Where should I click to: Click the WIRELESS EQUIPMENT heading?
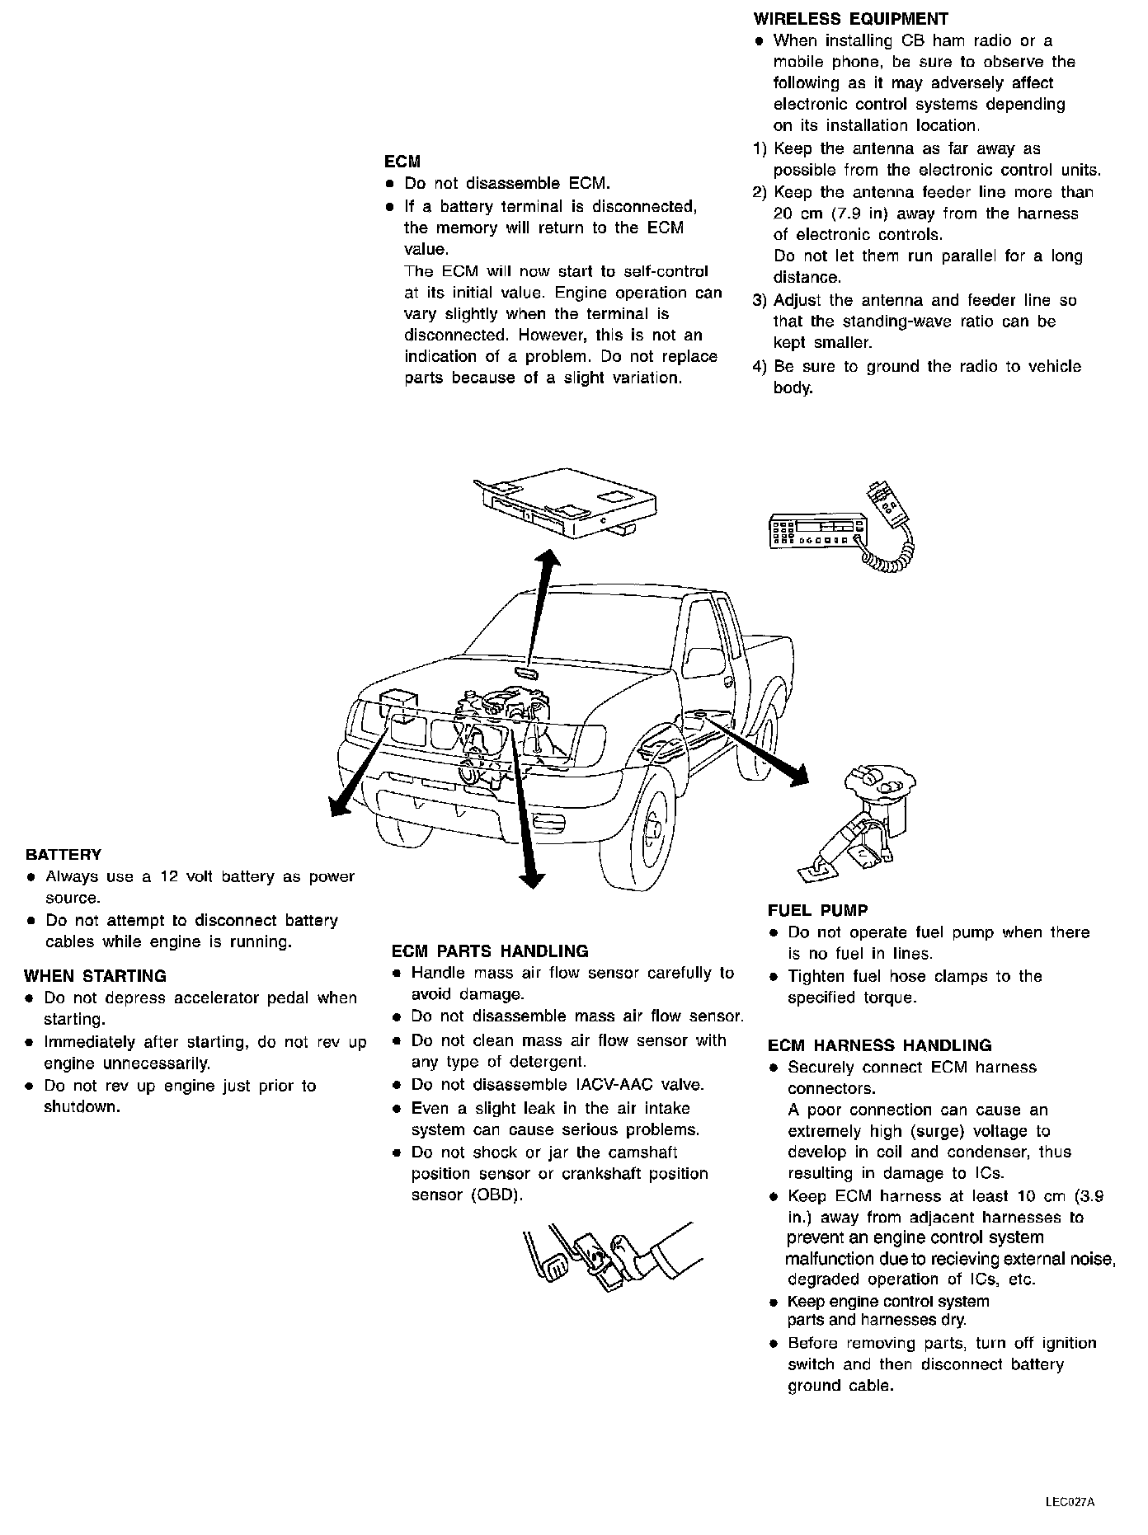[851, 19]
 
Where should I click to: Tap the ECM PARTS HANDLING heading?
[490, 951]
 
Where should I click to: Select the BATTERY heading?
[64, 855]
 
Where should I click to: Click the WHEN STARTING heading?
[95, 976]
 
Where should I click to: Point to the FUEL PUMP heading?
[817, 911]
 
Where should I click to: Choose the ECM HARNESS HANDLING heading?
[879, 1045]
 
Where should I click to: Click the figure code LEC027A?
[1070, 1501]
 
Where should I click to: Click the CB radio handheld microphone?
[889, 505]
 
